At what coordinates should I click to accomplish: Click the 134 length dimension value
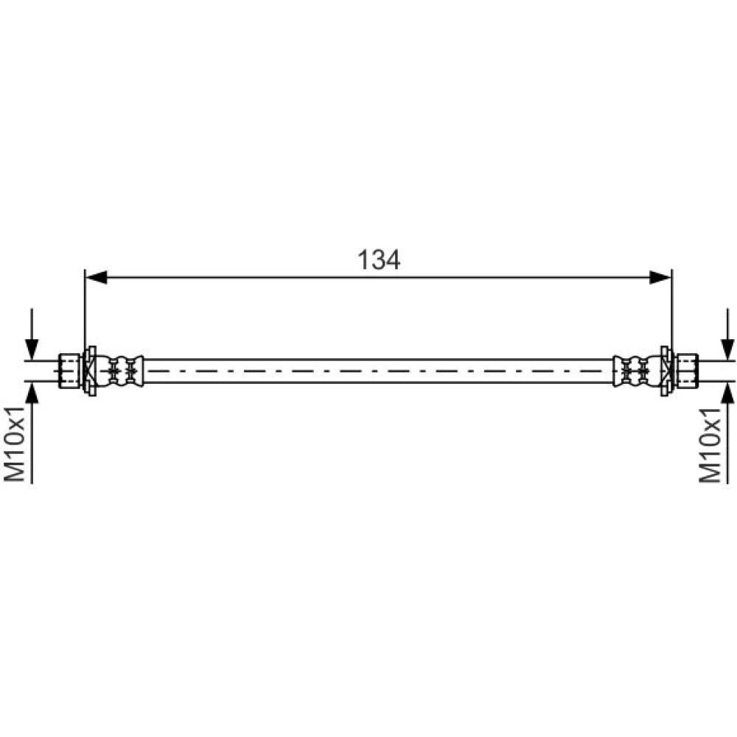[379, 259]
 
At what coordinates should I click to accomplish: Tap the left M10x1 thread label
[14, 444]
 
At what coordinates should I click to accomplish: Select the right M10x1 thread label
[709, 444]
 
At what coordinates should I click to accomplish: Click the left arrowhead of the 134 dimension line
[97, 277]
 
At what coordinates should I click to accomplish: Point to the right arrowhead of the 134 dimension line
[660, 277]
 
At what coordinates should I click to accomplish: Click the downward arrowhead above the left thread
[32, 349]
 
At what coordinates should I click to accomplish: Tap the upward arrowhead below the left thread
[32, 393]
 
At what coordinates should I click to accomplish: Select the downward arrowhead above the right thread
[727, 349]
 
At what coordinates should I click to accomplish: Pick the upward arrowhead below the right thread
[727, 393]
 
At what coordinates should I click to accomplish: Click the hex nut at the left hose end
[69, 371]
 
